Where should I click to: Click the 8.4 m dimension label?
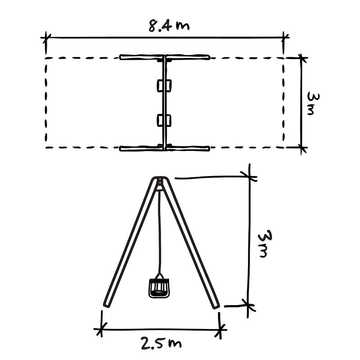tap(169, 26)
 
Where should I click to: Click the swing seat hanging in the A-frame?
tap(159, 288)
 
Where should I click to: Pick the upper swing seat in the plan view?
tap(164, 85)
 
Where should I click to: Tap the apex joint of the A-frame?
tap(160, 181)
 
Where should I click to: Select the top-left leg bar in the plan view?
tap(142, 57)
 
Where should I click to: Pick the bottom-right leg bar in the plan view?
tap(188, 148)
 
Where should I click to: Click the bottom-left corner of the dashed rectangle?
tap(46, 147)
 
